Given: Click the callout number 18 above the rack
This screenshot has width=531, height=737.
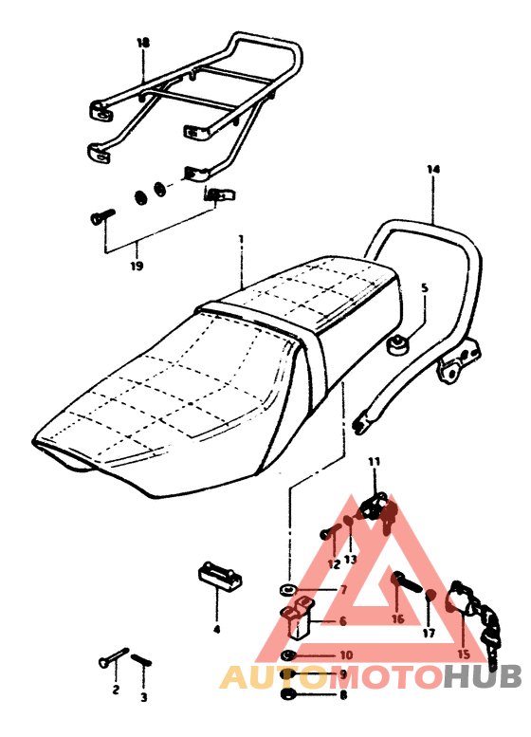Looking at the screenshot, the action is (x=143, y=44).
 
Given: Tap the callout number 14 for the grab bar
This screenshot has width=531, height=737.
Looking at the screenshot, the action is (x=433, y=169).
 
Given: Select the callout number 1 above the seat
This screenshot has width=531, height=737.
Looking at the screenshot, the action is (x=241, y=239).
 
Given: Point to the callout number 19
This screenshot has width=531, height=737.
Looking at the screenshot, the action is (x=137, y=266).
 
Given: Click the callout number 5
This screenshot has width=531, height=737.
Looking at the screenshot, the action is (x=425, y=287).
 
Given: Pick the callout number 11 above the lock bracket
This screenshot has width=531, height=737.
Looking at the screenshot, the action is (x=374, y=462).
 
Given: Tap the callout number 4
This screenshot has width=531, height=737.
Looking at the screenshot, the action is (x=216, y=630).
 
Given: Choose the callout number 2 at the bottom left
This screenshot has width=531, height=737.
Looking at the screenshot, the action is (x=116, y=690).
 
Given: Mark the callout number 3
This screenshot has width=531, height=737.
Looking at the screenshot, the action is (x=144, y=697).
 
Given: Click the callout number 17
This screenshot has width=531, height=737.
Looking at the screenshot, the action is (x=429, y=633).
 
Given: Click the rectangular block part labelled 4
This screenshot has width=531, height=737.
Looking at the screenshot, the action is (x=219, y=578).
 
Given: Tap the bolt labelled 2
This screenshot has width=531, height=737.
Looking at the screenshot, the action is (x=113, y=657).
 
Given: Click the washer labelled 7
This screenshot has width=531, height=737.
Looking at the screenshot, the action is (x=286, y=589).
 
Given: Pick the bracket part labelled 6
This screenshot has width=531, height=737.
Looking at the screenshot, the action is (x=298, y=617).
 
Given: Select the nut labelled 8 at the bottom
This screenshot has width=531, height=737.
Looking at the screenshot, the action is (x=286, y=694).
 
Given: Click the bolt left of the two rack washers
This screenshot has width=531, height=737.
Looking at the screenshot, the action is (x=102, y=216).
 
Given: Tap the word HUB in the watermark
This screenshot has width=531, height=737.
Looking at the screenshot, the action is (x=483, y=677).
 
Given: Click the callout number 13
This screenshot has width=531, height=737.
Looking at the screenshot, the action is (x=351, y=560).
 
